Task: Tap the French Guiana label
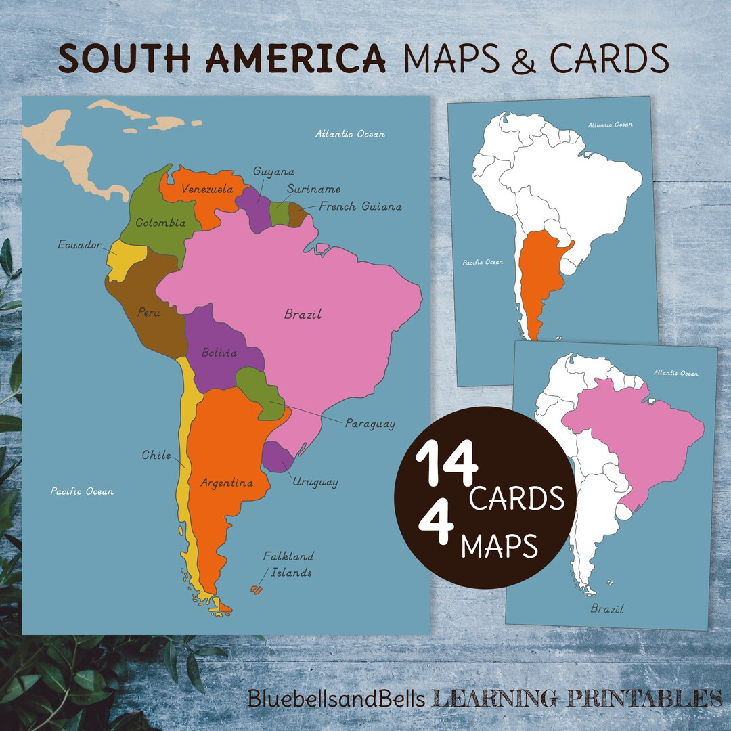click(360, 206)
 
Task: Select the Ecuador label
click(79, 245)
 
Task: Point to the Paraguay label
click(370, 424)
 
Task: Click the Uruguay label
click(315, 482)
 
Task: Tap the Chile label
click(156, 455)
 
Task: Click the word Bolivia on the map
click(219, 353)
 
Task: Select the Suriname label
click(313, 189)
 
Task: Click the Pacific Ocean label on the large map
click(82, 491)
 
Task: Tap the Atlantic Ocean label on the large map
click(350, 134)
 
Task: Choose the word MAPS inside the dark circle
click(500, 545)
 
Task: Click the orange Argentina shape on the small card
click(541, 278)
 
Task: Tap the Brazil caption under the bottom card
click(606, 608)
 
